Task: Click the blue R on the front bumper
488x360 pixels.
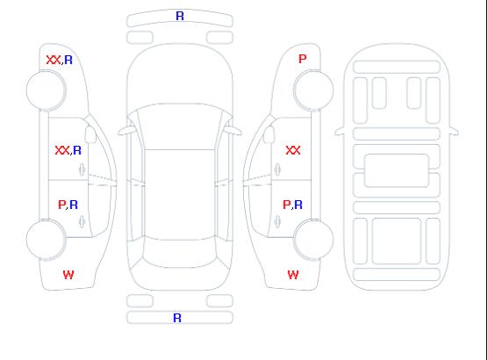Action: [x=180, y=16]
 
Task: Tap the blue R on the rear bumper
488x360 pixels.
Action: [x=177, y=318]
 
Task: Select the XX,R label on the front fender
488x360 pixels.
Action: [x=60, y=60]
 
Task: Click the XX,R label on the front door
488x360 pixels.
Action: [x=68, y=150]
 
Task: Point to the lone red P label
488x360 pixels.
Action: [x=303, y=59]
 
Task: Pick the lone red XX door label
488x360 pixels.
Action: [x=293, y=150]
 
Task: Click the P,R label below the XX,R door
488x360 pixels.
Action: [x=68, y=205]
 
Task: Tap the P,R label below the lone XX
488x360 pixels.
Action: [x=292, y=205]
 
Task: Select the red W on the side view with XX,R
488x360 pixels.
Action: [x=68, y=275]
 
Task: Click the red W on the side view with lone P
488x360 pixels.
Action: [x=293, y=275]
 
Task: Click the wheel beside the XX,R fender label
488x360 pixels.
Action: [x=46, y=90]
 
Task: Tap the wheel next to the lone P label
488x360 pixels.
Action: [x=313, y=90]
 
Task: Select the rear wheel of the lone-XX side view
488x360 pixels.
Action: [x=313, y=240]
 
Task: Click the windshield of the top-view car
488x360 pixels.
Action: [x=180, y=126]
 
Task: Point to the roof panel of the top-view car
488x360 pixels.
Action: [x=180, y=195]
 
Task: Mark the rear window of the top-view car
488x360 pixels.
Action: [x=180, y=254]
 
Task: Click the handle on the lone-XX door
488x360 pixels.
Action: [x=277, y=169]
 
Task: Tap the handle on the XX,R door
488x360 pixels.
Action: [x=83, y=169]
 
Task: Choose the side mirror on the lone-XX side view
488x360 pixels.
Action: [x=269, y=134]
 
